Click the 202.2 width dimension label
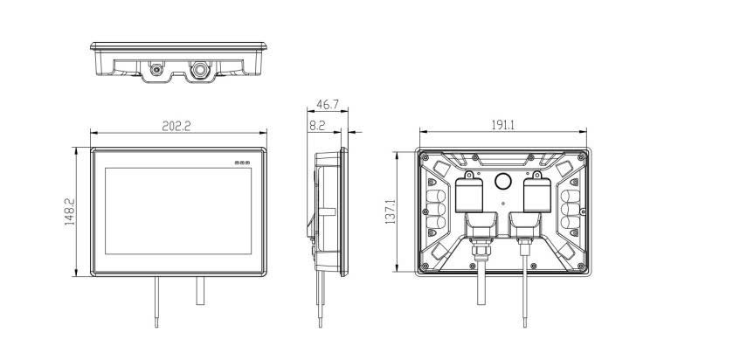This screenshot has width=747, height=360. pos(176,126)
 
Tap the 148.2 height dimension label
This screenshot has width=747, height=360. pos(70,212)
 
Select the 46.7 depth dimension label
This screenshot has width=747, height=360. pos(328,104)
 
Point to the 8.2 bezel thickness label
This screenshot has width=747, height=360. pos(317,125)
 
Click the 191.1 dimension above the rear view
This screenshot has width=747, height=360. pos(503,125)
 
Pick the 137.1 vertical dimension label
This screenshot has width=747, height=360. pos(391,212)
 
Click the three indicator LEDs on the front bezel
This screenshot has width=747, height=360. pos(243,163)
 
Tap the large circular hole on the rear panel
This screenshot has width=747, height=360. pos(502,181)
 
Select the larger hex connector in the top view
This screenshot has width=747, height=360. pos(199,70)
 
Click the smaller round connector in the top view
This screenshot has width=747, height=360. pos(156,70)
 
